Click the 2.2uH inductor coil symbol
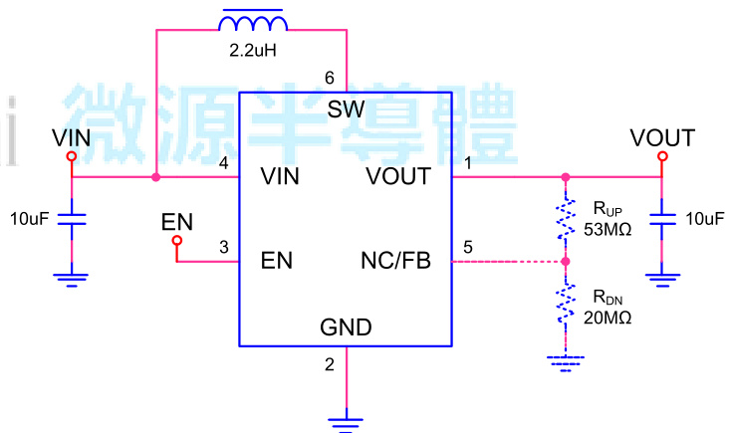(253, 21)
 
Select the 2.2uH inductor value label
(252, 48)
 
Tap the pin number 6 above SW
(330, 78)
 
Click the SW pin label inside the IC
(346, 108)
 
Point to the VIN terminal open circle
(72, 156)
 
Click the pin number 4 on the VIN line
(224, 164)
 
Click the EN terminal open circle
(177, 241)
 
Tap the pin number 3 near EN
(224, 247)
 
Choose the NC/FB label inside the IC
(395, 263)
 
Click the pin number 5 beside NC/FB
(468, 247)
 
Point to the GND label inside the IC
(346, 327)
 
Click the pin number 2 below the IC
(330, 364)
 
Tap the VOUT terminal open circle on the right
(662, 156)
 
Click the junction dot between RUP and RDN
(566, 263)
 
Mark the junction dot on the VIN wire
(156, 178)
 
